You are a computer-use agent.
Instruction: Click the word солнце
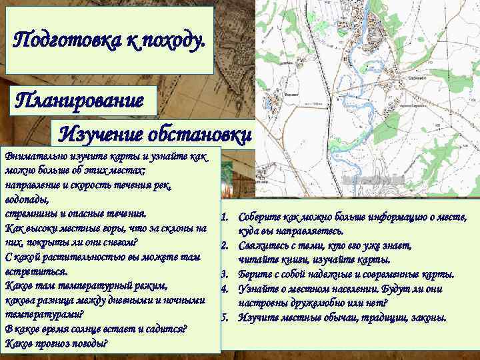115,329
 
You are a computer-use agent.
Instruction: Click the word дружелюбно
319,303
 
